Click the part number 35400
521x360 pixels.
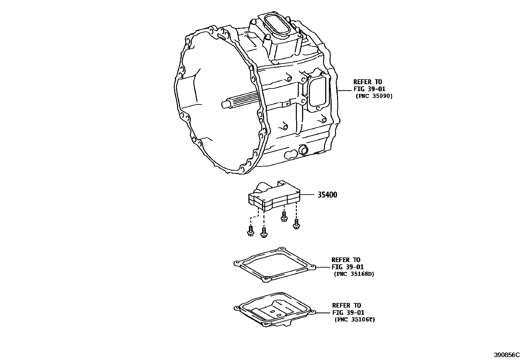tap(327, 195)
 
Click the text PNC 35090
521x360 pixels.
tap(374, 96)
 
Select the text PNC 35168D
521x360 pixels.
tap(354, 274)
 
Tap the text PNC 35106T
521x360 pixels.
tap(355, 319)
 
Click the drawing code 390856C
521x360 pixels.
tap(507, 355)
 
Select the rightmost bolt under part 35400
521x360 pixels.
tap(296, 224)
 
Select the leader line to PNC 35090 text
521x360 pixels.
tap(345, 90)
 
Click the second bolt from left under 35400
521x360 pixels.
tap(264, 232)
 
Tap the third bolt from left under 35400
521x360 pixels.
tap(284, 216)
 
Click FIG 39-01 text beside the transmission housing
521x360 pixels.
tap(369, 89)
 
